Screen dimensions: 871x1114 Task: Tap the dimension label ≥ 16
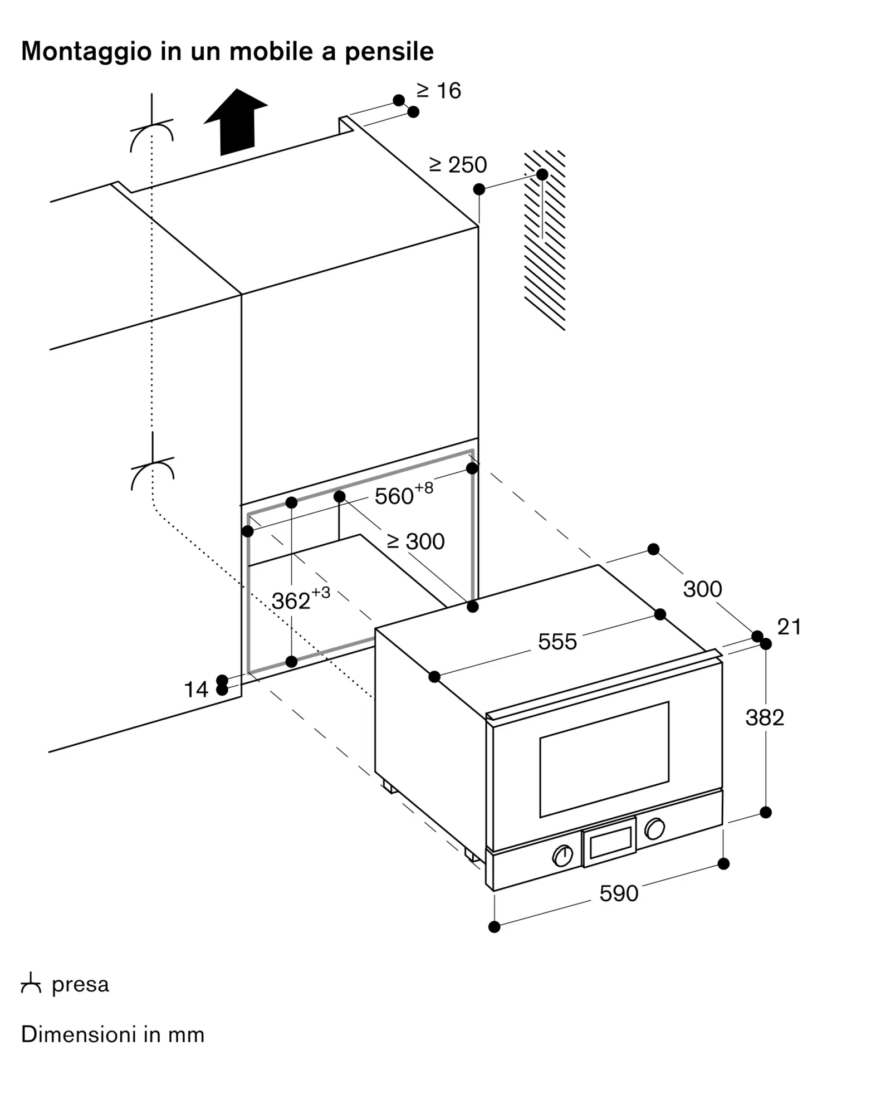[439, 91]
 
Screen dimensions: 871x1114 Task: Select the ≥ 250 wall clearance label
[458, 165]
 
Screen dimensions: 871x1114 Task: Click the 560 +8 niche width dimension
[404, 494]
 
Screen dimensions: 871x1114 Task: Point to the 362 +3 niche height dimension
[301, 599]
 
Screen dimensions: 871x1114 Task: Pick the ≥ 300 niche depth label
[415, 541]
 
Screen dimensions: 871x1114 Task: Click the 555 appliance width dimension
[557, 642]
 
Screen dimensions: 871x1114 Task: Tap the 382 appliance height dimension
[765, 717]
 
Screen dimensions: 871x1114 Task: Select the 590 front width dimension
[619, 893]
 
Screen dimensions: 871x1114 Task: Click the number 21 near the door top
[789, 627]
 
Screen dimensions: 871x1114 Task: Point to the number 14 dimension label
[196, 690]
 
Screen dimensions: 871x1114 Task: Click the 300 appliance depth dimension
[702, 589]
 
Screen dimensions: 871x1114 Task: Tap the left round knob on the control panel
[562, 856]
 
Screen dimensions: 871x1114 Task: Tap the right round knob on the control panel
[654, 829]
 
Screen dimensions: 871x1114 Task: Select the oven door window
[604, 760]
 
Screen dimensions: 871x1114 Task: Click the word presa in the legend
[80, 985]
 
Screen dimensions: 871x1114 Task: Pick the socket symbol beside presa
[31, 984]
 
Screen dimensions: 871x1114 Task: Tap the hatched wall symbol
[545, 240]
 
